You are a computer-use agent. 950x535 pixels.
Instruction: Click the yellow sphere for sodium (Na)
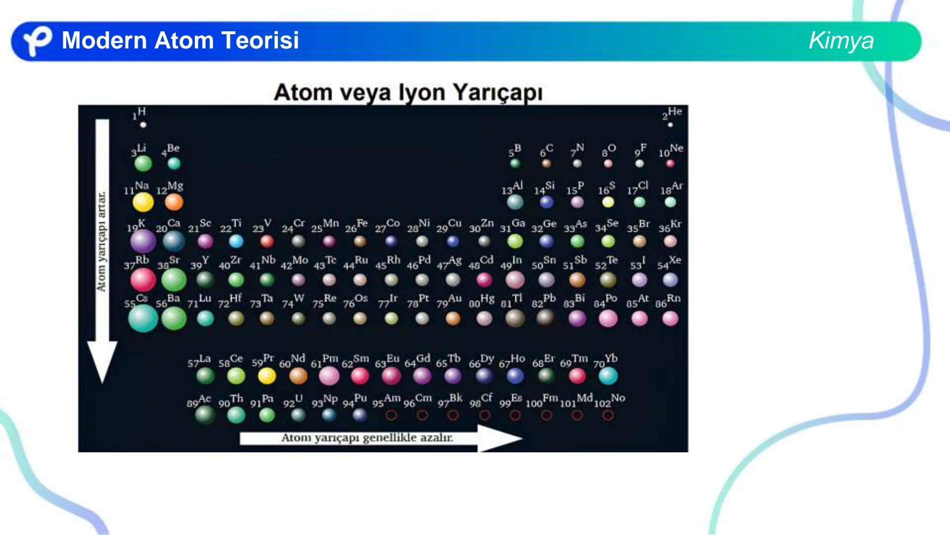143,202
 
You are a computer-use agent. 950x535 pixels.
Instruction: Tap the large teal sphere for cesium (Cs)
143,318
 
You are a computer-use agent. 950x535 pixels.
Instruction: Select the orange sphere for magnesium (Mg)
174,202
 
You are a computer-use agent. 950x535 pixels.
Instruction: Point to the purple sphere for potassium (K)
143,241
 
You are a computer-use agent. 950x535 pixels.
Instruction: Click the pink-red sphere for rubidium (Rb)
143,280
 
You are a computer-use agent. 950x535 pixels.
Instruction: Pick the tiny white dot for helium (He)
670,125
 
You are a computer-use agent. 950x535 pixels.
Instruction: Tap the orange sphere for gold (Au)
453,318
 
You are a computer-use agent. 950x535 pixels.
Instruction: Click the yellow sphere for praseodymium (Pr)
267,376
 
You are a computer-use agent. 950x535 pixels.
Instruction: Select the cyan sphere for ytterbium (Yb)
608,376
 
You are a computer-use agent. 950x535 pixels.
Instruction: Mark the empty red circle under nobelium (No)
608,415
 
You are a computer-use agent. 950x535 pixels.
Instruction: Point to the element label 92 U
293,401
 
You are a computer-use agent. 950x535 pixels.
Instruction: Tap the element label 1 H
139,113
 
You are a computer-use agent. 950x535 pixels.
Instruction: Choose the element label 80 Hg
481,301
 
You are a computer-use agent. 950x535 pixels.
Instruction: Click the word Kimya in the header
841,41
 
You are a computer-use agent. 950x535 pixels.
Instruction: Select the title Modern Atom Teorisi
180,41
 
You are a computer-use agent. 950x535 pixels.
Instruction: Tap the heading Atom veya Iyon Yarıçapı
408,93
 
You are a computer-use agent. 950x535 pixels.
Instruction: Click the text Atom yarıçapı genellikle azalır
367,438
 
